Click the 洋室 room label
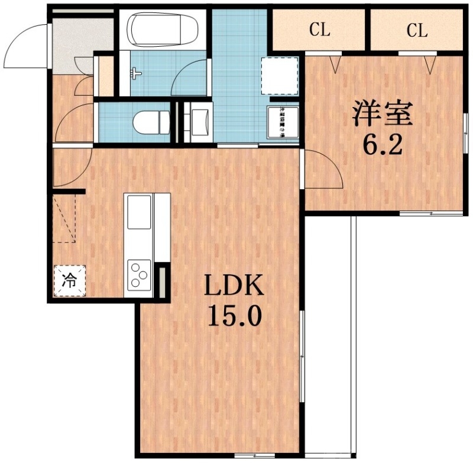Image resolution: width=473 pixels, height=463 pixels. click(382, 114)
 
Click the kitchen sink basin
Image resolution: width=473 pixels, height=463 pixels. click(140, 213)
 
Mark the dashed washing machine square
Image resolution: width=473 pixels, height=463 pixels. click(278, 76)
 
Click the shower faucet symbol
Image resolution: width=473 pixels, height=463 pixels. click(136, 73)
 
